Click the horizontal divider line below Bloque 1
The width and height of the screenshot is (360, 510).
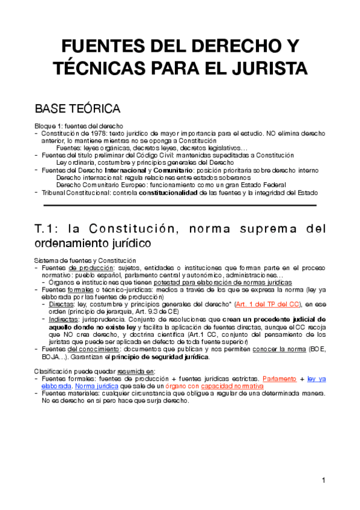[180, 205]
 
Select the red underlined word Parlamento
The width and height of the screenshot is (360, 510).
[279, 378]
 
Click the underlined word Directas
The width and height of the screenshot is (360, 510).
[62, 304]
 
